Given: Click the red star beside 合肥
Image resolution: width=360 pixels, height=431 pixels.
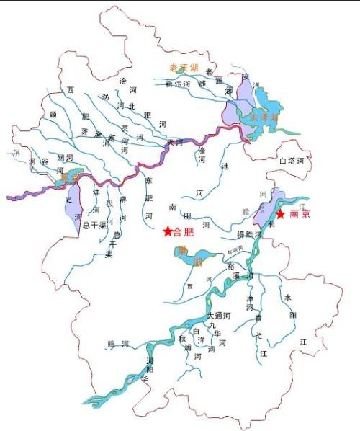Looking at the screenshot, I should (x=168, y=231).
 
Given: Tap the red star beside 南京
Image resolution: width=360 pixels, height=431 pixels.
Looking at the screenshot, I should (x=280, y=215).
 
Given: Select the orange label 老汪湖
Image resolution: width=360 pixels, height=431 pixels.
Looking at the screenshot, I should (x=182, y=67).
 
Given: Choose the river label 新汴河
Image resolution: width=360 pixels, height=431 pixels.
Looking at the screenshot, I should (x=177, y=84).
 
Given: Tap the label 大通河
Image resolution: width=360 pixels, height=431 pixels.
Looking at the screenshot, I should (x=218, y=316).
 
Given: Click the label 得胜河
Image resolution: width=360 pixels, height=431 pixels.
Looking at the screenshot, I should (x=249, y=235).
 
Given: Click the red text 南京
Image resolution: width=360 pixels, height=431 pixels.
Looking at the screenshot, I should (x=300, y=215).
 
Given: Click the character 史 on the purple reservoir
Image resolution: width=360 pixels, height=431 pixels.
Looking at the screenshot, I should (x=68, y=198).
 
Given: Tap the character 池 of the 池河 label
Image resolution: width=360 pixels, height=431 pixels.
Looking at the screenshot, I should (x=225, y=166).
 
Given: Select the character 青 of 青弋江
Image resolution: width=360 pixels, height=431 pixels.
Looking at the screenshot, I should (x=257, y=317).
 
